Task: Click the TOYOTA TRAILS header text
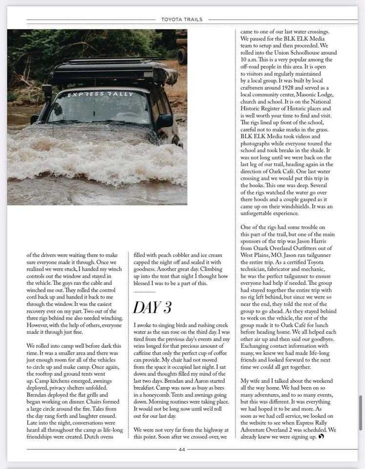[182, 20]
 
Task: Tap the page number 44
[182, 449]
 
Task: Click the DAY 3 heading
[152, 307]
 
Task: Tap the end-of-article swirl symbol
[322, 436]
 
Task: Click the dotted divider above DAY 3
[144, 292]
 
